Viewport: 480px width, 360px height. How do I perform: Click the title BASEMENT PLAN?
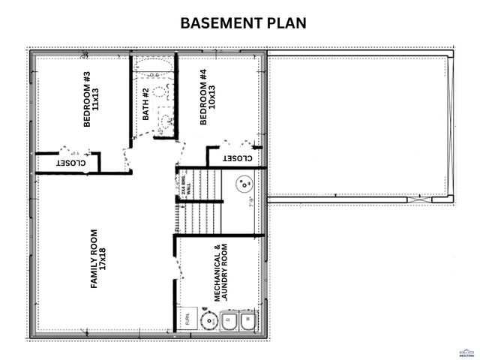coord(244,23)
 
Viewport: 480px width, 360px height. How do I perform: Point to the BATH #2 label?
coord(147,104)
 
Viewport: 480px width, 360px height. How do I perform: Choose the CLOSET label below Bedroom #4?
coord(236,159)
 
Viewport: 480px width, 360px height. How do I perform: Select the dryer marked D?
coord(229,321)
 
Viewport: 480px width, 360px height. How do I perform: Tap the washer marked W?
coord(248,321)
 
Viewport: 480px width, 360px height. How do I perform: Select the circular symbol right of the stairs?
coord(244,184)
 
